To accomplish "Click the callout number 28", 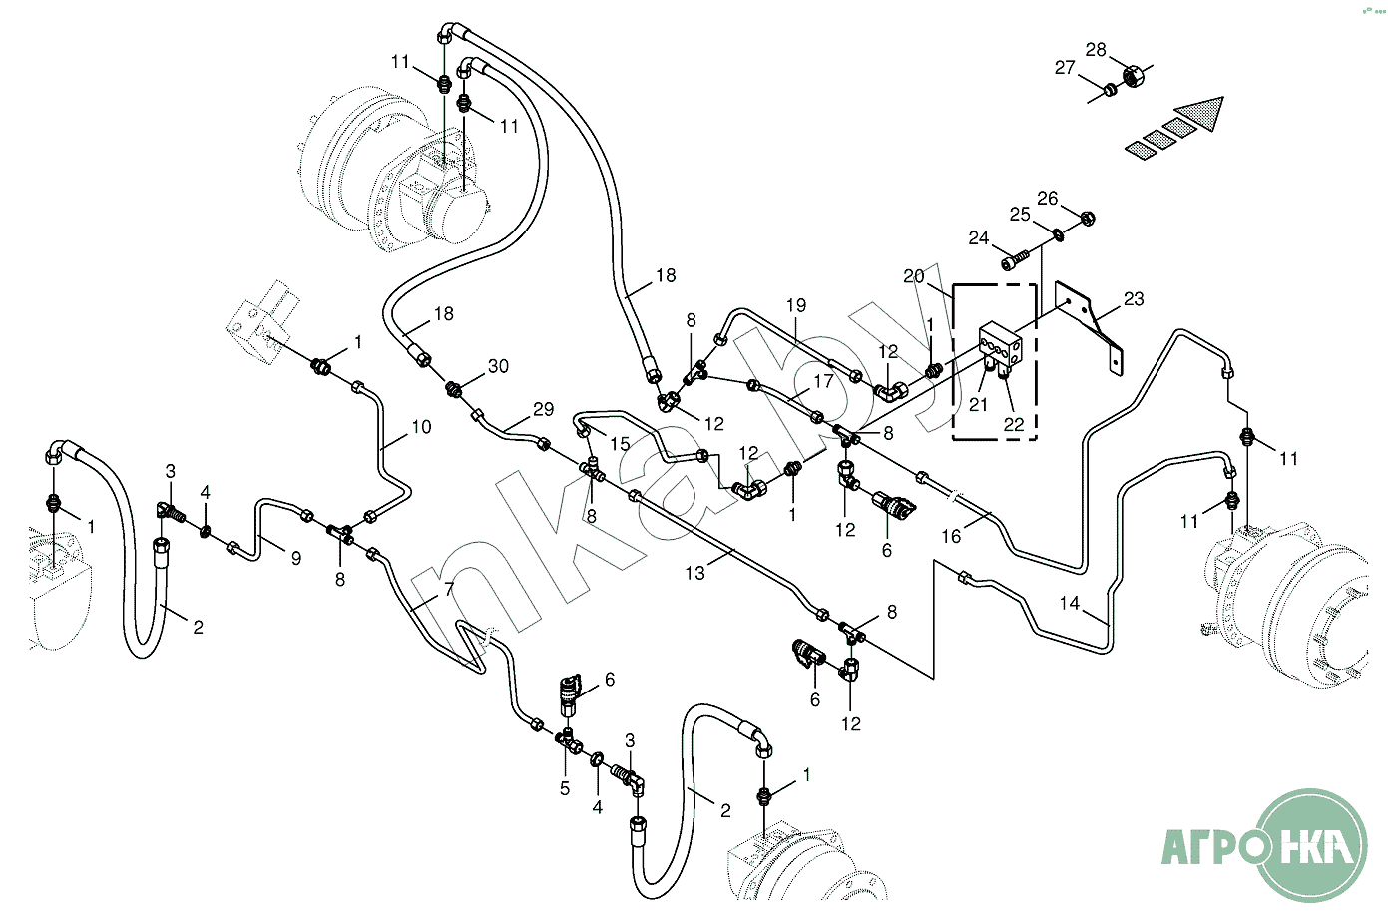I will (1096, 50).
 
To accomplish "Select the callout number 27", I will (1065, 68).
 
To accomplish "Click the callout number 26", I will (1047, 199).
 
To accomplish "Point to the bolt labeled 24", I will (1012, 262).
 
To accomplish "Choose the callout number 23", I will (1134, 299).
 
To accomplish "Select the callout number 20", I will (914, 276).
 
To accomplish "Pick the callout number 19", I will (795, 305).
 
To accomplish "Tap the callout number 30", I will (498, 366).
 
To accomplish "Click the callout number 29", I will (543, 409).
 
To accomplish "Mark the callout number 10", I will (421, 427).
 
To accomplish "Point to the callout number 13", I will (694, 573).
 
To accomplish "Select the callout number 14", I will (1069, 603).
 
